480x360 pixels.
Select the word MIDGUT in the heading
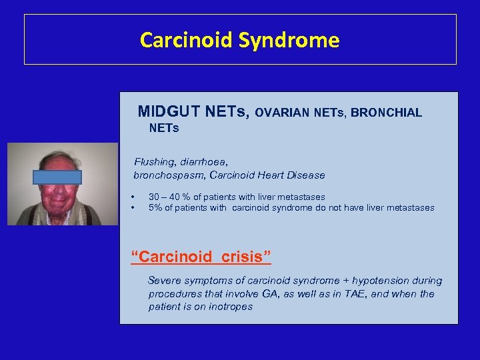point(167,111)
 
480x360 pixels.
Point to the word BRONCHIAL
point(386,113)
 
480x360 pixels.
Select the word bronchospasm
point(167,175)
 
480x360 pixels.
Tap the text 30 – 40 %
point(169,197)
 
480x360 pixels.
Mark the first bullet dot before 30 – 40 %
point(133,197)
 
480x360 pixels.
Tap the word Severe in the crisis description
point(164,281)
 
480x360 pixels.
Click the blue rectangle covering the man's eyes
point(57,177)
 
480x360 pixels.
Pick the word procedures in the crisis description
point(175,294)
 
